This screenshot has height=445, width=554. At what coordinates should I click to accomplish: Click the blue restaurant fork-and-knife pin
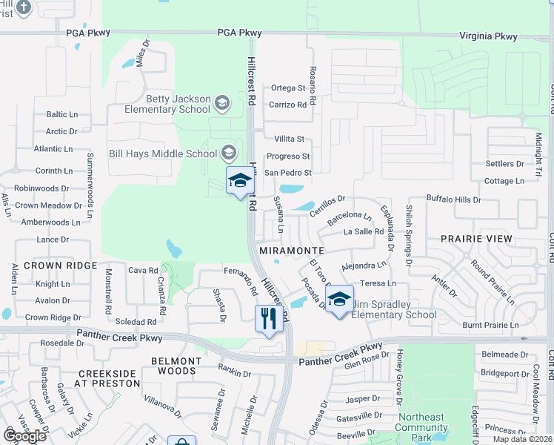[x=268, y=320]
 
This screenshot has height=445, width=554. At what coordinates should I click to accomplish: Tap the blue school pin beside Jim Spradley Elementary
[x=339, y=300]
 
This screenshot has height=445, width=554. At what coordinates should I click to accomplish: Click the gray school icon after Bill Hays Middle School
[x=228, y=154]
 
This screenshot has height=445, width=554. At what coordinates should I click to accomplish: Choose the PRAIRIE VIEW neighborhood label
[x=476, y=239]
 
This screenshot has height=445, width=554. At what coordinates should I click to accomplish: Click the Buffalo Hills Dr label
[x=453, y=200]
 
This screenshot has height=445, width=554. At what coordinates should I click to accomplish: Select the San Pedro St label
[x=288, y=173]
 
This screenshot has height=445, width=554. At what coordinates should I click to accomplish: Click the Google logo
[x=24, y=436]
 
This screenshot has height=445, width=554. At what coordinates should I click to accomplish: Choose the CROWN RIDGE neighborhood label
[x=60, y=265]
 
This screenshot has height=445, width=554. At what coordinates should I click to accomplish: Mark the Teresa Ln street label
[x=378, y=283]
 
